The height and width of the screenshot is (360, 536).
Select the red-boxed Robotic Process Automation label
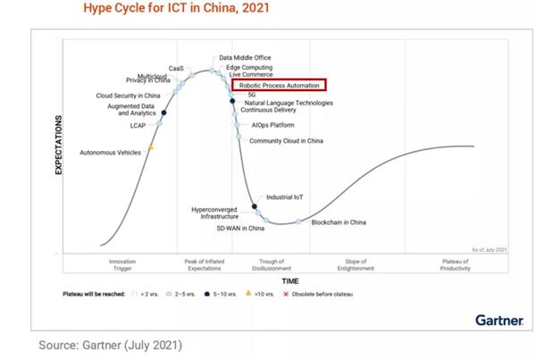point(279,85)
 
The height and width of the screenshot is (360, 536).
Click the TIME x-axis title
point(290,280)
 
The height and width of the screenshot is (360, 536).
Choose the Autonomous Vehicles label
point(111,154)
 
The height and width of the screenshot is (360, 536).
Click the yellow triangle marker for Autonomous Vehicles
point(150,147)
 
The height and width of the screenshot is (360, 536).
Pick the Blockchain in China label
point(339,221)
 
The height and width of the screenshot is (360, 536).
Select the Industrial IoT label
point(287,197)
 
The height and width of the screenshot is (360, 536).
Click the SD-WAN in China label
point(241,230)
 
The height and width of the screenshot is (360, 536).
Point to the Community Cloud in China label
point(286,141)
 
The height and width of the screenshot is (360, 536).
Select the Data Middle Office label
point(245,58)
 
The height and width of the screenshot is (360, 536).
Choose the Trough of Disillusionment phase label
point(290,264)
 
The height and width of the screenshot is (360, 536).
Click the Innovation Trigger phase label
point(122,264)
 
